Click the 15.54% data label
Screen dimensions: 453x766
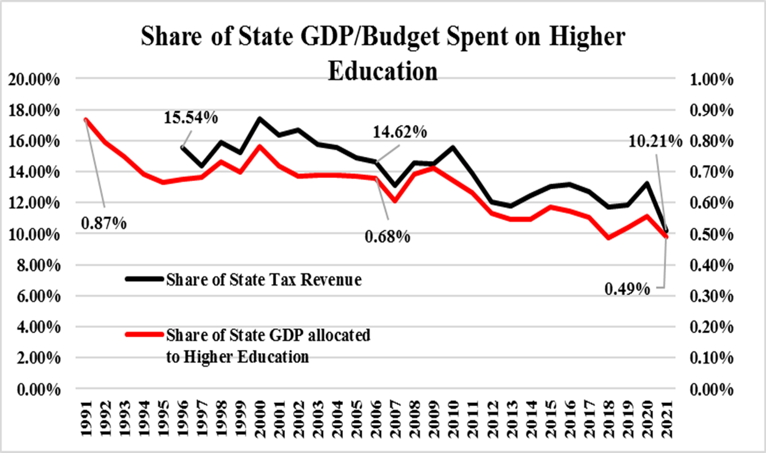pyautogui.click(x=191, y=117)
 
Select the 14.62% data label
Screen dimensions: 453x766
pyautogui.click(x=400, y=132)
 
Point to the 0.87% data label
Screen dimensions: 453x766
pyautogui.click(x=103, y=222)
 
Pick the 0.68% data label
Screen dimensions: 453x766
pyautogui.click(x=387, y=237)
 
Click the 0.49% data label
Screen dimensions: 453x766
pyautogui.click(x=627, y=289)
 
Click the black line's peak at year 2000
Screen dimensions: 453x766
pyautogui.click(x=259, y=118)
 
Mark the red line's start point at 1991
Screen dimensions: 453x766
pyautogui.click(x=85, y=119)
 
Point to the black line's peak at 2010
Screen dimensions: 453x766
pyautogui.click(x=452, y=147)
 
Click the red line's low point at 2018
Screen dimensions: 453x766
pyautogui.click(x=608, y=238)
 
